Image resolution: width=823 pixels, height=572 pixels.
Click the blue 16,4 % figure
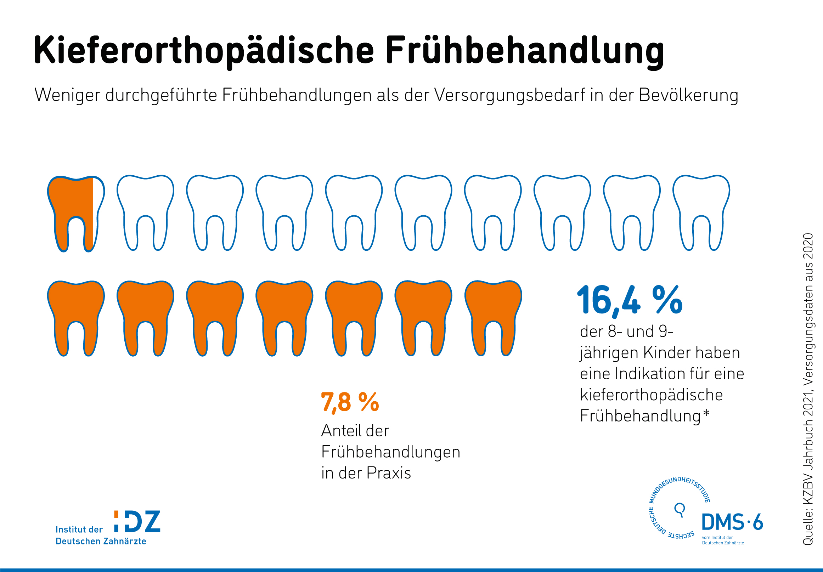(x=630, y=300)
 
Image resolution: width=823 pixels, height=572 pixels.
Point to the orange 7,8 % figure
(x=350, y=402)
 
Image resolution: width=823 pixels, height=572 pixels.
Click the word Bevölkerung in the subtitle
(x=689, y=95)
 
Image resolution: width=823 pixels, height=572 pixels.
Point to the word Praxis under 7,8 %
(x=389, y=473)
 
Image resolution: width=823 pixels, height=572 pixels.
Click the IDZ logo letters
(x=137, y=521)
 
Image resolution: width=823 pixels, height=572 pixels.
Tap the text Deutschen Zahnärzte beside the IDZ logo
(x=101, y=541)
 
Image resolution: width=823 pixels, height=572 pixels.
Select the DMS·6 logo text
(x=732, y=522)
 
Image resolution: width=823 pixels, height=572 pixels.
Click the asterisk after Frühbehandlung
(x=706, y=413)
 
